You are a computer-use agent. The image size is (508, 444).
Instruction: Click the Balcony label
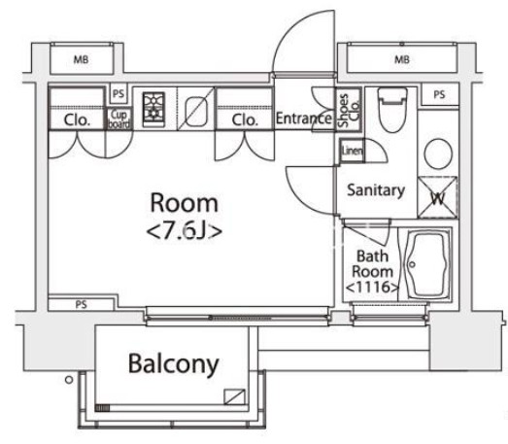pyautogui.click(x=173, y=364)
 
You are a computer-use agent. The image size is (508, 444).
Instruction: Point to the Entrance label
pyautogui.click(x=305, y=120)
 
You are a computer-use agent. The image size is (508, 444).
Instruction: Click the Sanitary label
pyautogui.click(x=375, y=190)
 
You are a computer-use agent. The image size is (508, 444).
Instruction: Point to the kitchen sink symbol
pyautogui.click(x=195, y=112)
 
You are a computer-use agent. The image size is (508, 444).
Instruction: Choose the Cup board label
pyautogui.click(x=119, y=119)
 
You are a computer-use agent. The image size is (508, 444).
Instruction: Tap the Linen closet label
pyautogui.click(x=351, y=152)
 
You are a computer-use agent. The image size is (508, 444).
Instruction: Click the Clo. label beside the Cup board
pyautogui.click(x=78, y=120)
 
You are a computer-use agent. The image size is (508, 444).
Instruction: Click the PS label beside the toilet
pyautogui.click(x=439, y=94)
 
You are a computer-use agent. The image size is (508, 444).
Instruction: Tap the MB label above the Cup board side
pyautogui.click(x=81, y=60)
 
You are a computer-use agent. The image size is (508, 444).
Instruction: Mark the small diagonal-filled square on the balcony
pyautogui.click(x=234, y=396)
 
